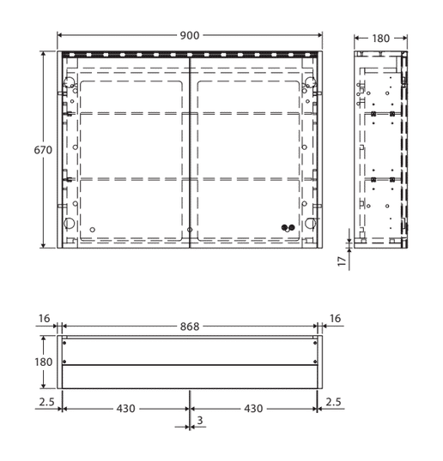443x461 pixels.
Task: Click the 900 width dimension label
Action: [x=190, y=36]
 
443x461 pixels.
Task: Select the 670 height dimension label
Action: [x=43, y=150]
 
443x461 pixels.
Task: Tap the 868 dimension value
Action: [x=190, y=326]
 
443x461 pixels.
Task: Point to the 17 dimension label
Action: [x=342, y=261]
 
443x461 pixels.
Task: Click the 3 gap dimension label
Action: [x=200, y=421]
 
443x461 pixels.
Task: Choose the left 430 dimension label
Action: [x=125, y=409]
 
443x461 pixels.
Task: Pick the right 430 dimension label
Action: [x=253, y=409]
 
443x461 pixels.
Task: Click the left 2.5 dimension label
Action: [x=47, y=402]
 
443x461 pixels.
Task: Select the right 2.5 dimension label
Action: [x=333, y=402]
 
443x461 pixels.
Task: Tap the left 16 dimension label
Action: [x=44, y=319]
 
